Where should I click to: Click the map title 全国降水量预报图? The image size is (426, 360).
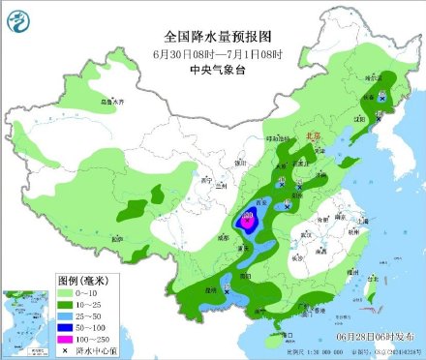pos(212,37)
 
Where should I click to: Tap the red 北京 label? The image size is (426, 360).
pos(312,138)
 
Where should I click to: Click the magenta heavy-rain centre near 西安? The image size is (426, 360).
pos(248,222)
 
